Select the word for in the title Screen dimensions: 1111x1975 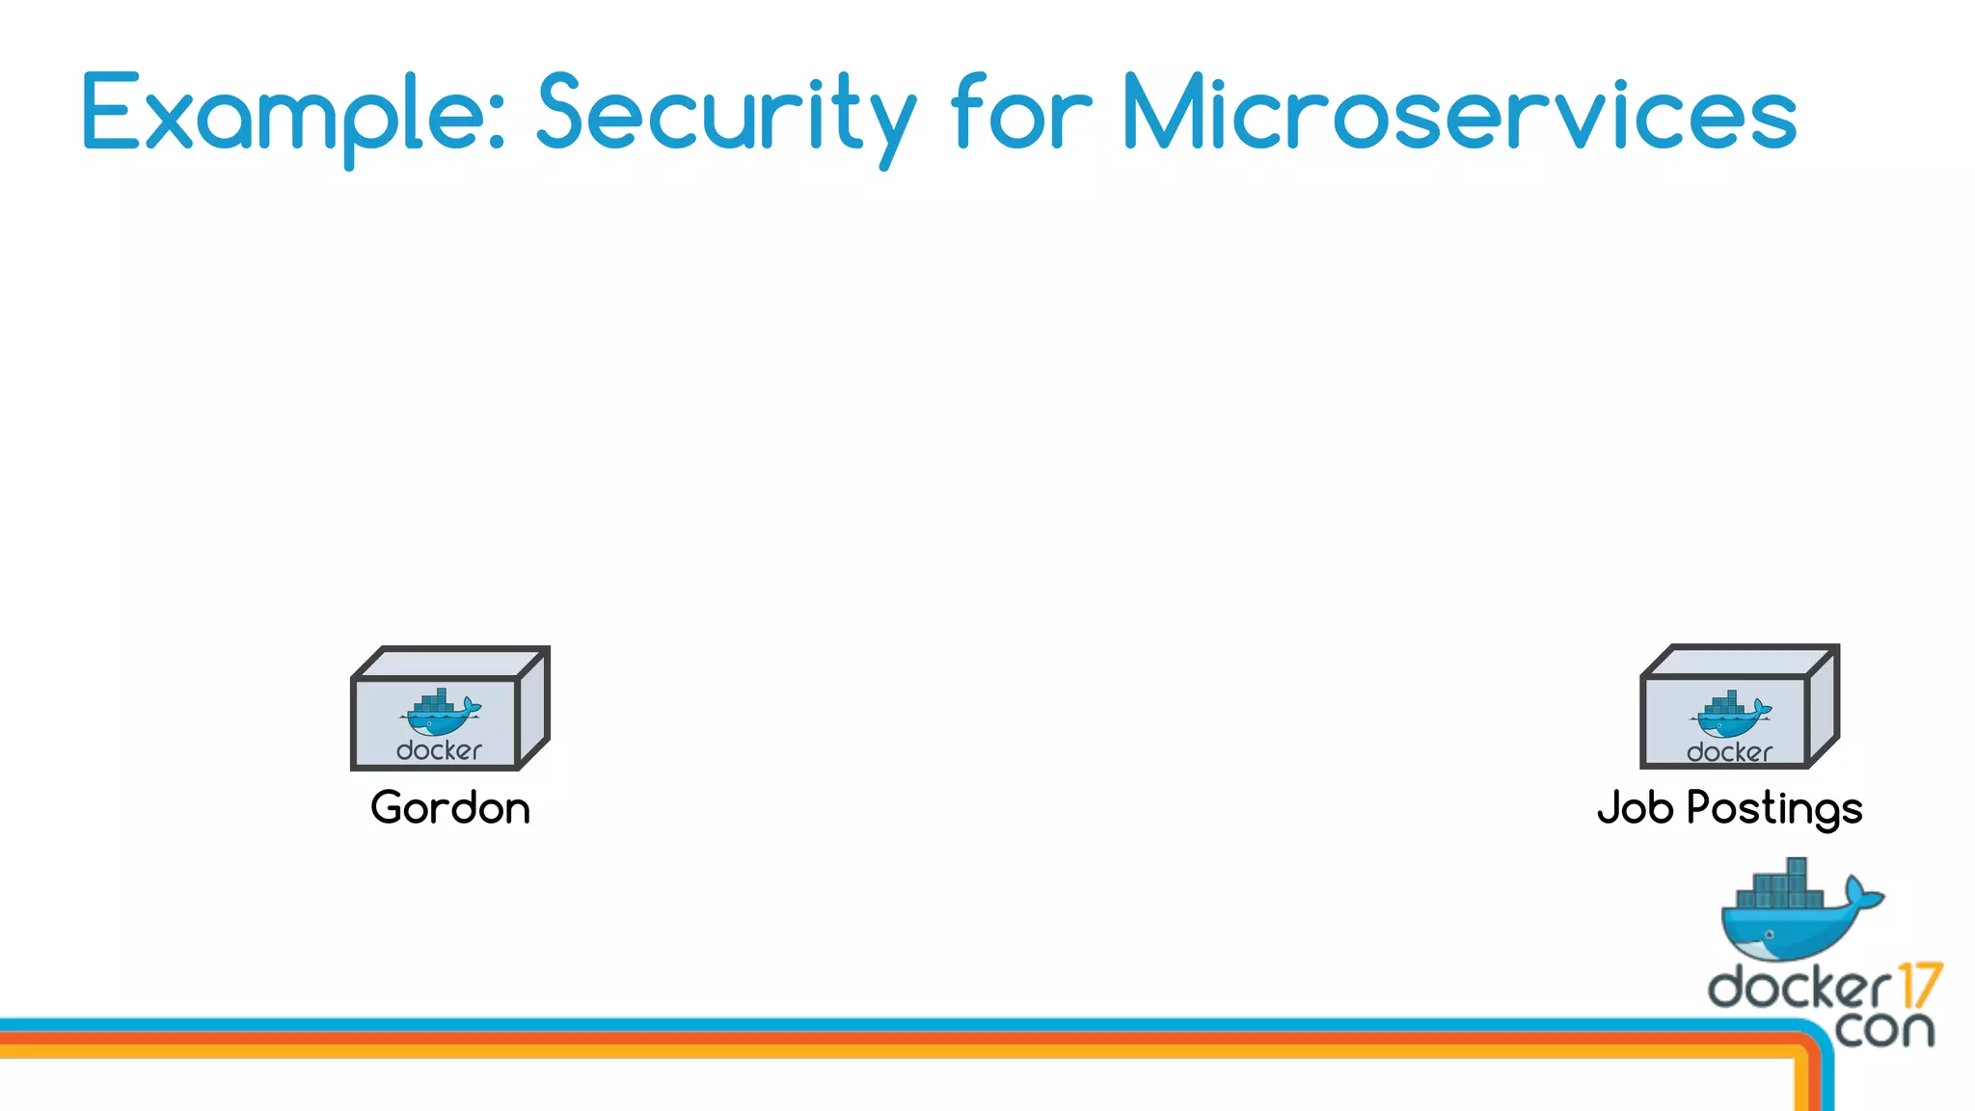1021,114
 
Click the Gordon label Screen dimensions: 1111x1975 450,808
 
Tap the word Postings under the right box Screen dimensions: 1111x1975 1774,808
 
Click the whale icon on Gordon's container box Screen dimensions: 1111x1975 440,713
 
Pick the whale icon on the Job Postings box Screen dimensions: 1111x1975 1730,714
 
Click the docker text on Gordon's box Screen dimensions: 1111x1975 439,750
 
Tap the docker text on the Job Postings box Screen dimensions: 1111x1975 1729,752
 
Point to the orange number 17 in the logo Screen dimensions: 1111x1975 1919,986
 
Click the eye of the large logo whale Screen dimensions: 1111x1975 1769,935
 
